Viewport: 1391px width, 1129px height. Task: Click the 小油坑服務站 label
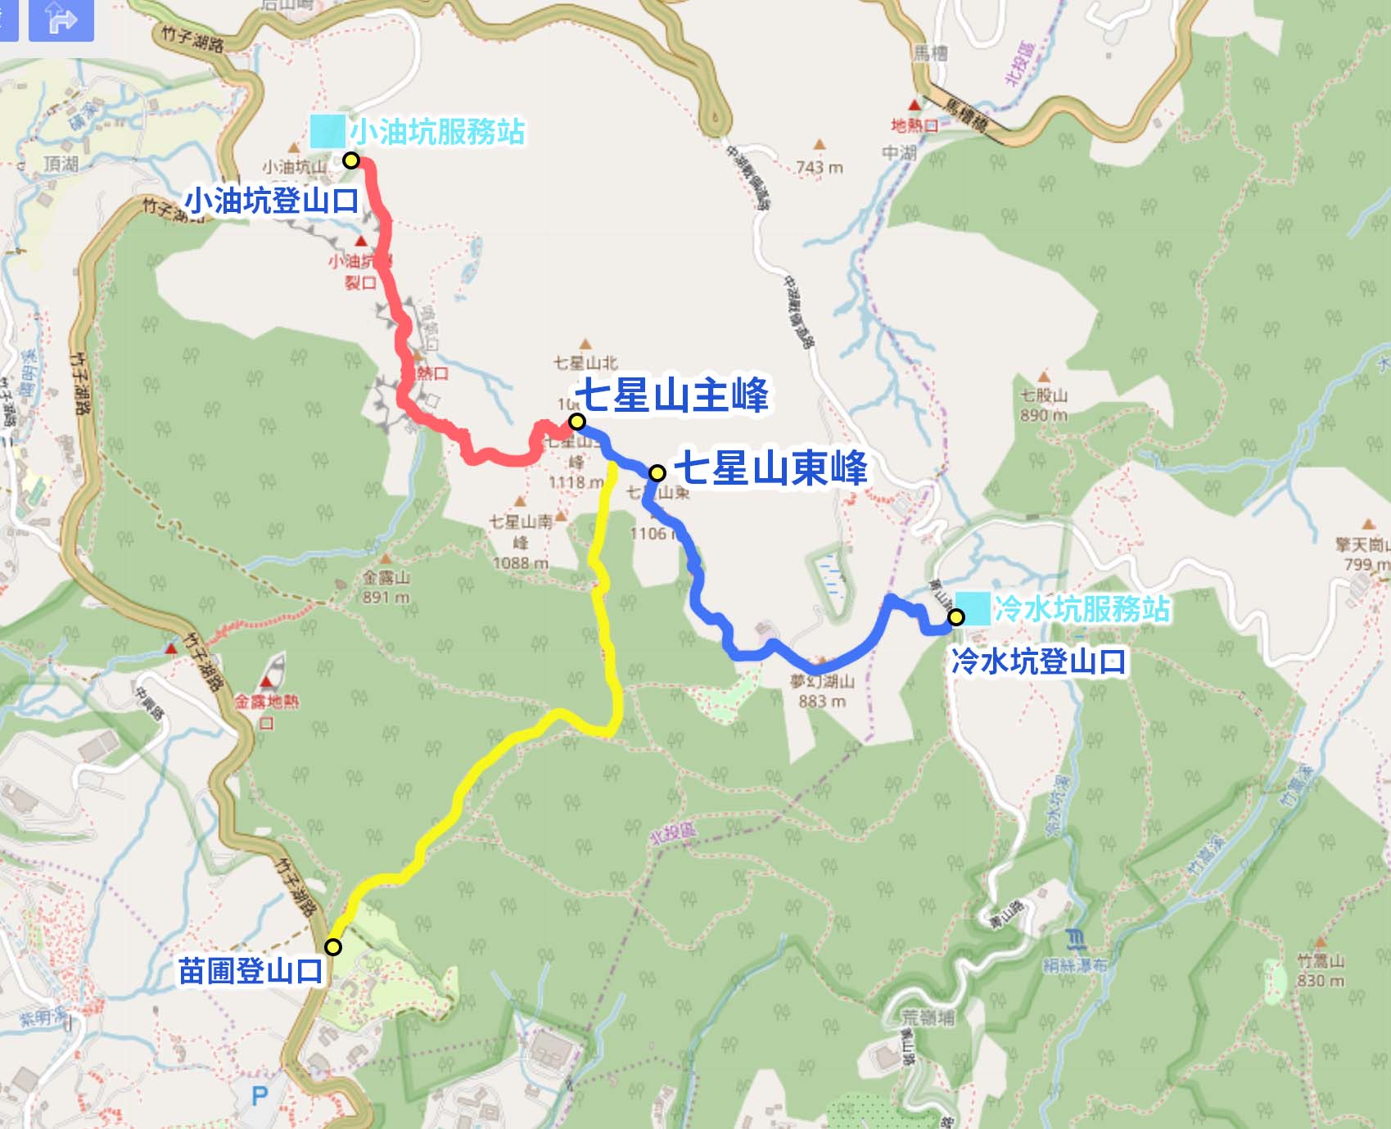click(437, 131)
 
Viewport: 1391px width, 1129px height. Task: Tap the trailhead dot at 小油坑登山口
click(351, 160)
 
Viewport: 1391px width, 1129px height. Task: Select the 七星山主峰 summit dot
click(577, 422)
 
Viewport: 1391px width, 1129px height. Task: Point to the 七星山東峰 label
click(770, 469)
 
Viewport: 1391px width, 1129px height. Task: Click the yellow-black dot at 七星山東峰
click(657, 473)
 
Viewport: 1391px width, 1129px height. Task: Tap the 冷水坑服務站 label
click(1082, 608)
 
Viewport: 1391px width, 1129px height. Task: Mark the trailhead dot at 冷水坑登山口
click(955, 617)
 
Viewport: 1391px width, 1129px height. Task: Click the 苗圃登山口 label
click(251, 972)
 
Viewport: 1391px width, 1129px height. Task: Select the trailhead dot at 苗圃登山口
click(333, 947)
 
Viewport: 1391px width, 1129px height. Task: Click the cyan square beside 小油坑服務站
click(327, 131)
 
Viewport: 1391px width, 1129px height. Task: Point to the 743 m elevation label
click(820, 168)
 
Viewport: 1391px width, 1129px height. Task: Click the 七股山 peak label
click(1044, 396)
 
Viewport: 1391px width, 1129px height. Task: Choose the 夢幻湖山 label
click(822, 681)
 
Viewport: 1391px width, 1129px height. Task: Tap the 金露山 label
click(386, 578)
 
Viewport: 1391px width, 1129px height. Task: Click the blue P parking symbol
click(260, 1096)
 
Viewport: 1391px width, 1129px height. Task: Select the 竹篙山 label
click(1321, 961)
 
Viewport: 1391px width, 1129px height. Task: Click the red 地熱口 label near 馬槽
click(915, 125)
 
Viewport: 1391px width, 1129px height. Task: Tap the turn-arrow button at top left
click(61, 20)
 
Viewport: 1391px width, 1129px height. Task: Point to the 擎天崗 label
click(1361, 545)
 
